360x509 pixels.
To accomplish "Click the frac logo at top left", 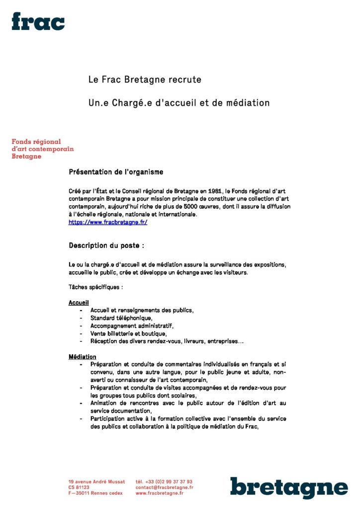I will pyautogui.click(x=38, y=21).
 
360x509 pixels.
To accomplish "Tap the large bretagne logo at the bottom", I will pyautogui.click(x=288, y=488).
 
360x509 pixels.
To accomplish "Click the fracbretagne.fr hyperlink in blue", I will pyautogui.click(x=107, y=222).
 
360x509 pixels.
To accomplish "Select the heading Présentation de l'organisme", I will pyautogui.click(x=116, y=172).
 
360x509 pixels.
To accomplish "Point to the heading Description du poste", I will pyautogui.click(x=106, y=246).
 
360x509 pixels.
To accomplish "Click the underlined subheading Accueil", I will pyautogui.click(x=79, y=303).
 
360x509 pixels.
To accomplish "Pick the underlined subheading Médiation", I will pyautogui.click(x=82, y=357).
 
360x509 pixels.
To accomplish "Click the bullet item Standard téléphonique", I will pyautogui.click(x=121, y=318).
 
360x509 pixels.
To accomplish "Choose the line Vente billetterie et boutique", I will pyautogui.click(x=128, y=334).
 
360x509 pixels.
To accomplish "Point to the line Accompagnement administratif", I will pyautogui.click(x=132, y=326).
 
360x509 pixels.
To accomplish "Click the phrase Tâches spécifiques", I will pyautogui.click(x=95, y=287).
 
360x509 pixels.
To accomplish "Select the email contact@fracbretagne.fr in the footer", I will pyautogui.click(x=164, y=488).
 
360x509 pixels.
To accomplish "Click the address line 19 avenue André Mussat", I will pyautogui.click(x=96, y=482).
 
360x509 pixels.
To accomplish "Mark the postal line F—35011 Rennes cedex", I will pyautogui.click(x=95, y=493).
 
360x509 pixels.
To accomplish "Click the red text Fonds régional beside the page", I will pyautogui.click(x=36, y=141).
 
